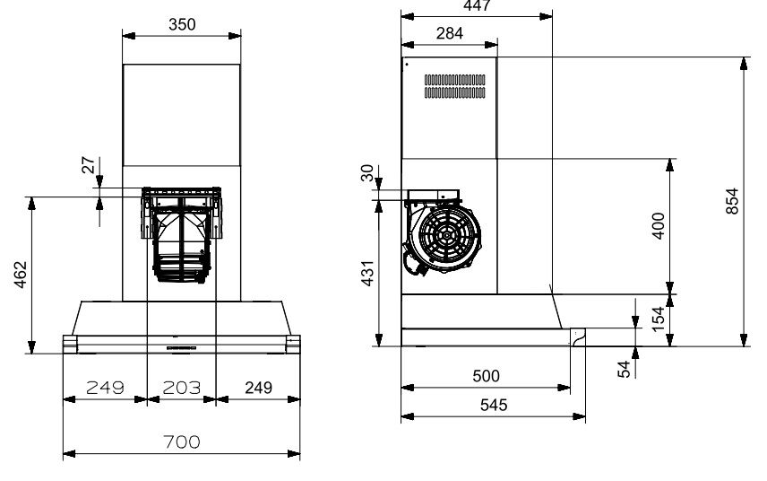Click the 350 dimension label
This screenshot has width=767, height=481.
click(x=182, y=24)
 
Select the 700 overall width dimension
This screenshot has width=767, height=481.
click(x=182, y=442)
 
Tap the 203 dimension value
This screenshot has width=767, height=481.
click(x=181, y=388)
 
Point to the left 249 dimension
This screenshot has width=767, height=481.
click(x=105, y=388)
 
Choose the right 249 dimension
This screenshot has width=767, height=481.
click(x=258, y=388)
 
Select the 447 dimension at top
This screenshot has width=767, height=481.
click(x=476, y=4)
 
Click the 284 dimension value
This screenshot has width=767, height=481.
click(x=448, y=34)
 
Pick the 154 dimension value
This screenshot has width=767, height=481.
click(x=659, y=319)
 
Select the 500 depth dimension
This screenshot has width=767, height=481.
click(x=486, y=376)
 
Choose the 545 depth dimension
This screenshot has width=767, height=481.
click(x=493, y=405)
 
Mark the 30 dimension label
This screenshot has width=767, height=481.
click(x=367, y=173)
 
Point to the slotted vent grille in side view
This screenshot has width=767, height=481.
click(x=454, y=86)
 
